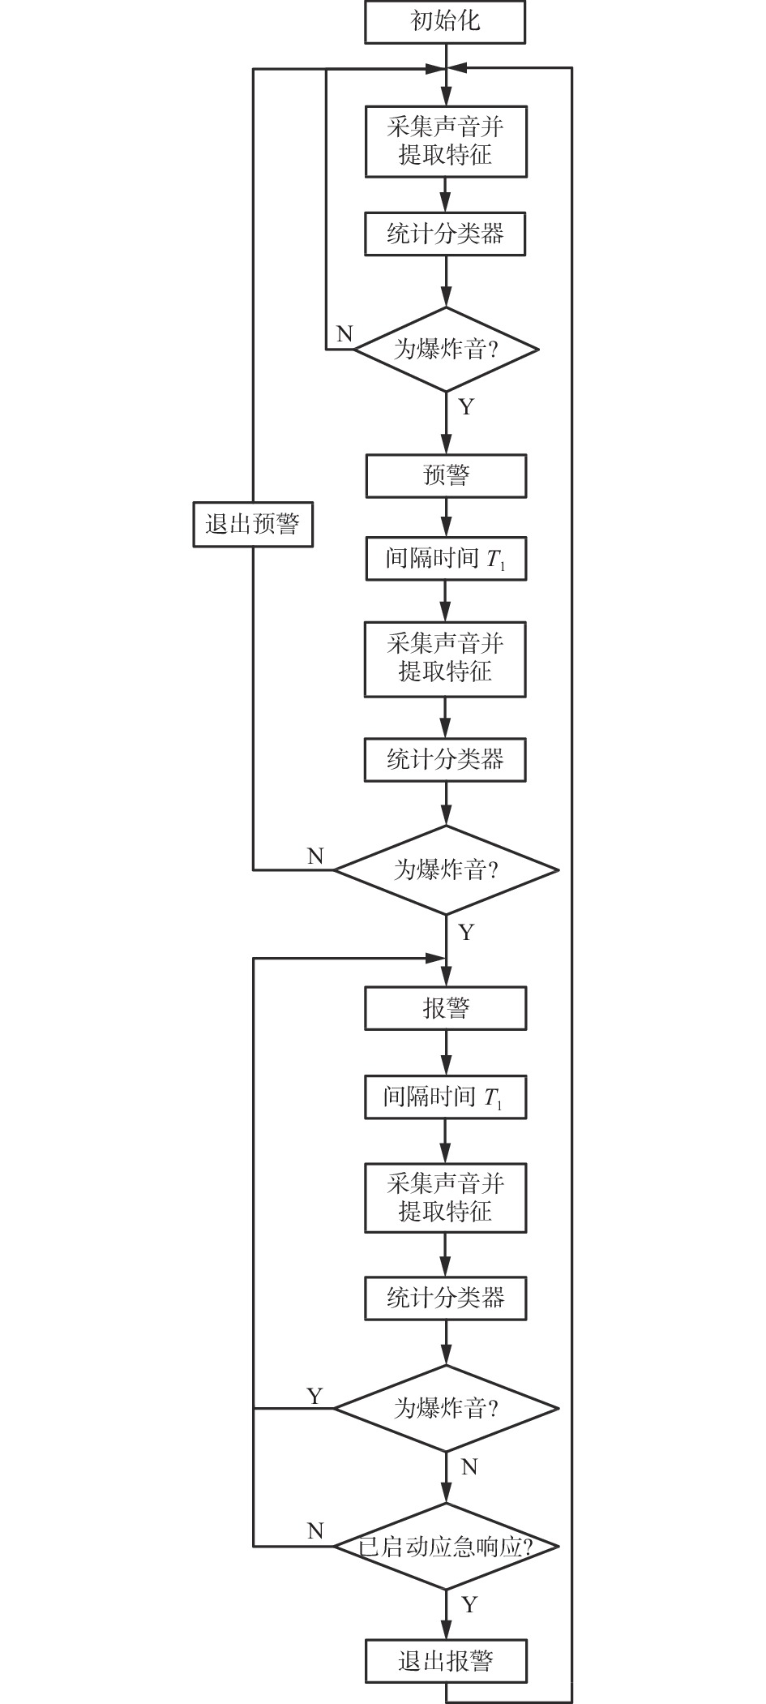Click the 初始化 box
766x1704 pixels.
445,22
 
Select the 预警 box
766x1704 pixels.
446,475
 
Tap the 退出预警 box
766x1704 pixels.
253,525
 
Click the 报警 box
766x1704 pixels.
446,1008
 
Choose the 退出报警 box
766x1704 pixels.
446,1660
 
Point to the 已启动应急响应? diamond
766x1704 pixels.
447,1546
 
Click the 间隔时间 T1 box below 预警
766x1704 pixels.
446,558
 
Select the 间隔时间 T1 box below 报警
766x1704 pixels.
446,1097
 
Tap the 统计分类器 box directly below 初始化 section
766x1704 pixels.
445,234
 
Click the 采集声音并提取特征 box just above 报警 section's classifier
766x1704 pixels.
446,1198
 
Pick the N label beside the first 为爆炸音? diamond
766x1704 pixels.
344,333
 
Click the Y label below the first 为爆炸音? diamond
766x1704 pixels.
466,406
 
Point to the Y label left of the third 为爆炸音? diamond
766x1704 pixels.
315,1396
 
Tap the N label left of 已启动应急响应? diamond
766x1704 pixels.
315,1531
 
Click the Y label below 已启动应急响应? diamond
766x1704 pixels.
469,1604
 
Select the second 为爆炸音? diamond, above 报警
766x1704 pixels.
447,869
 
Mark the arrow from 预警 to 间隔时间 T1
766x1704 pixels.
446,517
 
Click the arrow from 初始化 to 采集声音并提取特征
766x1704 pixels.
446,75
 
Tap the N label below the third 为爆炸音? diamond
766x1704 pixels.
469,1467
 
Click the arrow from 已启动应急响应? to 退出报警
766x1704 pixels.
446,1615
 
